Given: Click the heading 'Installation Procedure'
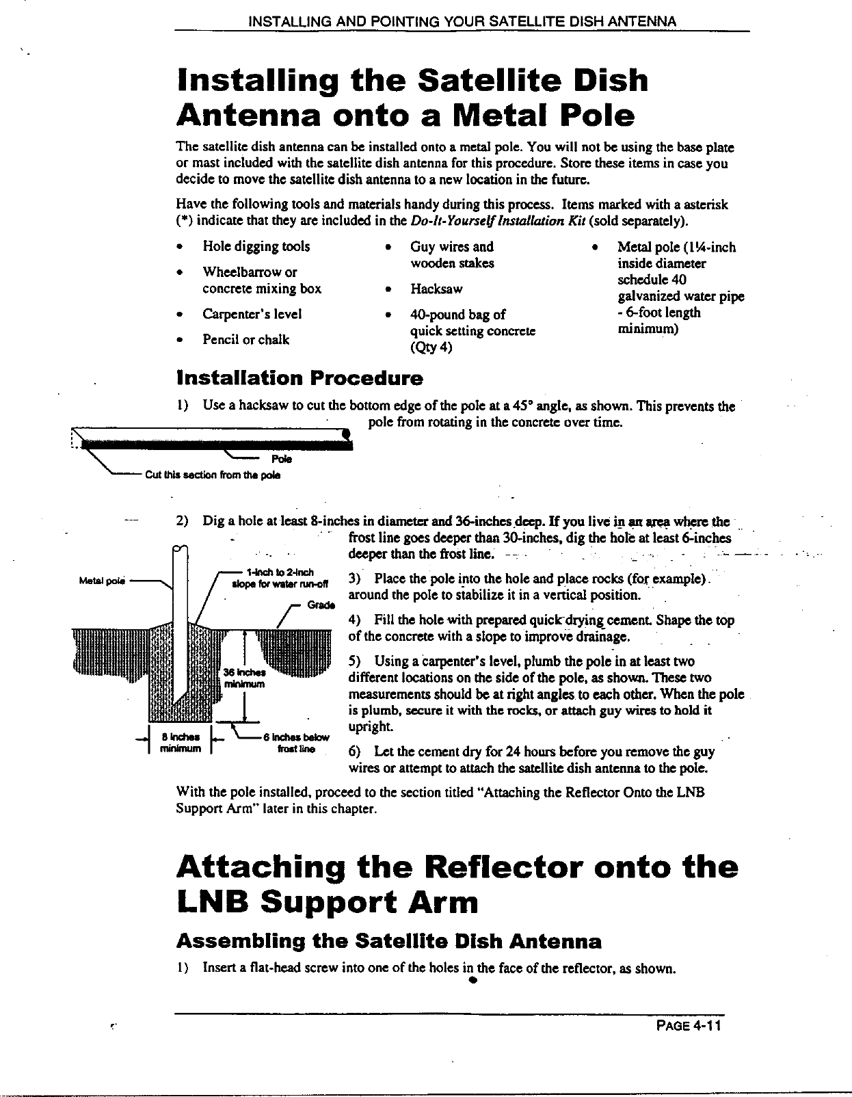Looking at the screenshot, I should tap(299, 378).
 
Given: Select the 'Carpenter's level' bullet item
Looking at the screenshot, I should tap(252, 315).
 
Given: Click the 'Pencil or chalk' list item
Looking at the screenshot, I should tap(245, 340).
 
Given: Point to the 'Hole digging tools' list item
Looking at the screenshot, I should tap(256, 247).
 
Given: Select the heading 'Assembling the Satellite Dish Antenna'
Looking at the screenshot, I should tap(388, 942).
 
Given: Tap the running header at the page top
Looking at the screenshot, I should tap(462, 21).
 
